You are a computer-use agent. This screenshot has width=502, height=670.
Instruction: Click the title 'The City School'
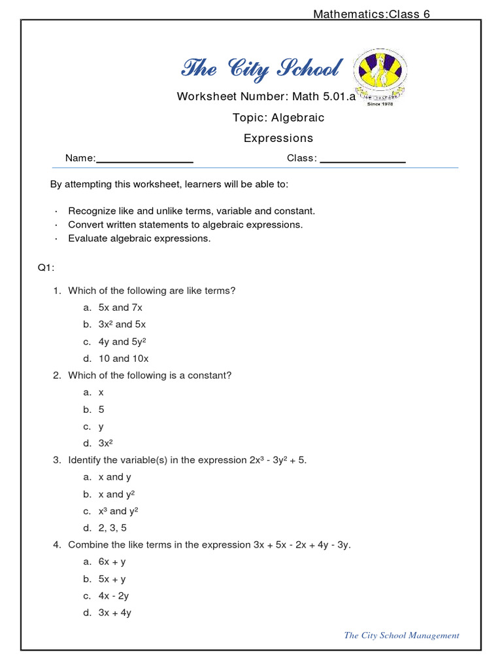coord(261,69)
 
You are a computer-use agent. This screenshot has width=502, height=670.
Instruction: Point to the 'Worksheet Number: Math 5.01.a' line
coord(265,97)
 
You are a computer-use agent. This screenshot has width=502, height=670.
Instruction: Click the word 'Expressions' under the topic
coord(278,138)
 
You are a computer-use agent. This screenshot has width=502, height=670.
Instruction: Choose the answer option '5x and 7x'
coord(120,308)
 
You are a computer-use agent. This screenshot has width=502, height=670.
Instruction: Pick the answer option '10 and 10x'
coord(124,359)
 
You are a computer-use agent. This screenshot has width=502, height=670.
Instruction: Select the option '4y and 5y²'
coord(122,342)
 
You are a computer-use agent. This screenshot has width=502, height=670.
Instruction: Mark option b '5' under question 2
coord(101,410)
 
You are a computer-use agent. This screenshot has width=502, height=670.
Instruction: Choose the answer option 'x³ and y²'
coord(118,511)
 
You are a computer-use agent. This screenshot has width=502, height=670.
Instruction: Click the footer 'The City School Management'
coord(401,635)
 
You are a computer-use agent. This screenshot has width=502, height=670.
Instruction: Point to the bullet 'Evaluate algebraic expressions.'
coord(139,239)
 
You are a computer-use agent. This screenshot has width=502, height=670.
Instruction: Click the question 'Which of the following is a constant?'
coord(150,376)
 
